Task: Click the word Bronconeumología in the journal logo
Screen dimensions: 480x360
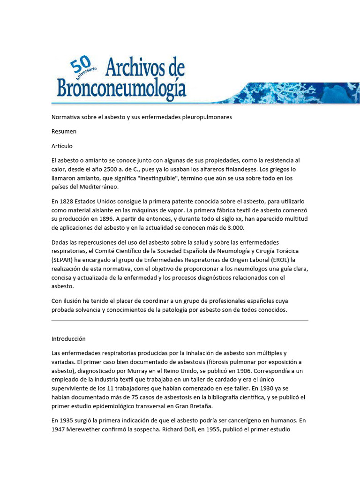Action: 121,88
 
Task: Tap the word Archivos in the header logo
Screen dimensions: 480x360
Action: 135,68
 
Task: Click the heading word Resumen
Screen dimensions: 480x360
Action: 64,131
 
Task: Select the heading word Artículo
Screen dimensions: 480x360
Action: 62,146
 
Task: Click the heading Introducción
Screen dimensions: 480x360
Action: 68,338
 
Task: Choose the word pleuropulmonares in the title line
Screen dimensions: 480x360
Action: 207,117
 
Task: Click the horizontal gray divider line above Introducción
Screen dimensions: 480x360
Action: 180,321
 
